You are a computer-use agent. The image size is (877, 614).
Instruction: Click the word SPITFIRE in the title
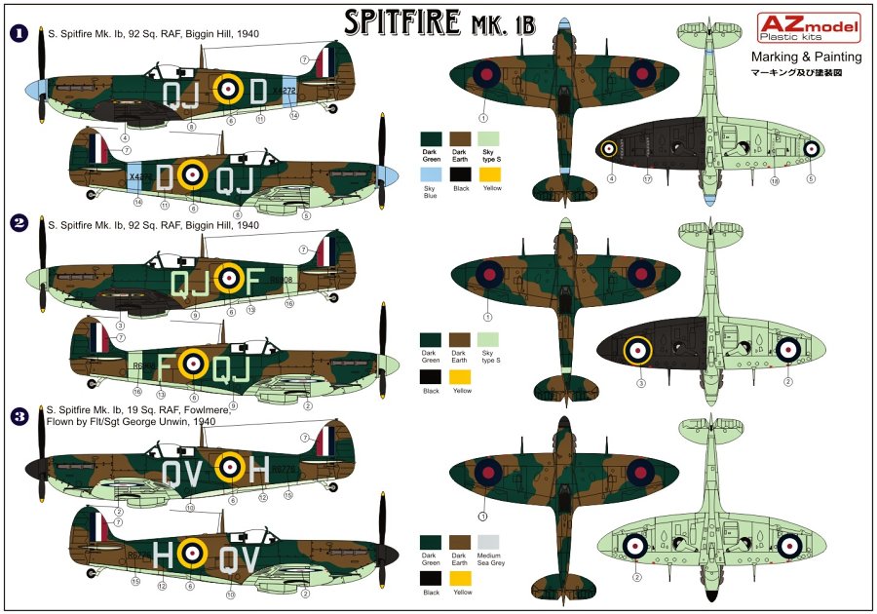click(402, 23)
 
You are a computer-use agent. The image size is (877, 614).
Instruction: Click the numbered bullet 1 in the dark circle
click(18, 34)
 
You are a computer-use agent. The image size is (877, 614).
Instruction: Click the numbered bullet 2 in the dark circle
click(18, 223)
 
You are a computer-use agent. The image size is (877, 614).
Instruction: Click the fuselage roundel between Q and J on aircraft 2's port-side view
click(227, 279)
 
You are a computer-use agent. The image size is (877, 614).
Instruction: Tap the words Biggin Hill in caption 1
click(208, 34)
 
